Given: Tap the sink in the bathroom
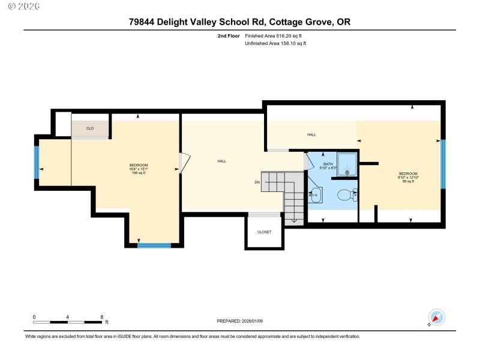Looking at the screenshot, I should click(315, 194).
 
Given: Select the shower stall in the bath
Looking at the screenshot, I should click(346, 164).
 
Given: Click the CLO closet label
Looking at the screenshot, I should click(90, 128).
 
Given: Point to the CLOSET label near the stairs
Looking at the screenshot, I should click(264, 232).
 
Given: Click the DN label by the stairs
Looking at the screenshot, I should click(257, 182).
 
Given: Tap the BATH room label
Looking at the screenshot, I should click(328, 164).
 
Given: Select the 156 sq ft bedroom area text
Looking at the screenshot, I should click(139, 173).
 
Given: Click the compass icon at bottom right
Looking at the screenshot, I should click(436, 317).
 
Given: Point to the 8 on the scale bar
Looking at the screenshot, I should click(101, 317).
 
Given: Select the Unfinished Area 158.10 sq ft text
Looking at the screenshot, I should click(275, 43).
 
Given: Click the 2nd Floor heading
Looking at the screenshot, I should click(229, 36).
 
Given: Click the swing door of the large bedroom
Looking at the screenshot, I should click(185, 163).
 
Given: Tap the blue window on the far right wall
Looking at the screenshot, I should click(443, 163).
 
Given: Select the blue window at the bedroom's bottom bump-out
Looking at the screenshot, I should click(155, 245).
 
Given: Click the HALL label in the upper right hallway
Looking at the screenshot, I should click(311, 134).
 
